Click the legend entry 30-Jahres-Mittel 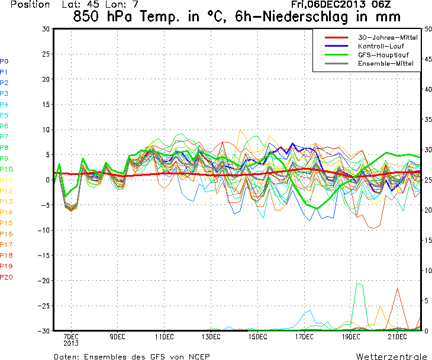383,37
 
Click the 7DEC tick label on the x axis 71,337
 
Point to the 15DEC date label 257,337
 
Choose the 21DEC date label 397,337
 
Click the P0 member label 4,61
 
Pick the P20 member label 7,277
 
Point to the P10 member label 7,169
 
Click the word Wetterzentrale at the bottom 391,356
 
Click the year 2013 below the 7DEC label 71,343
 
